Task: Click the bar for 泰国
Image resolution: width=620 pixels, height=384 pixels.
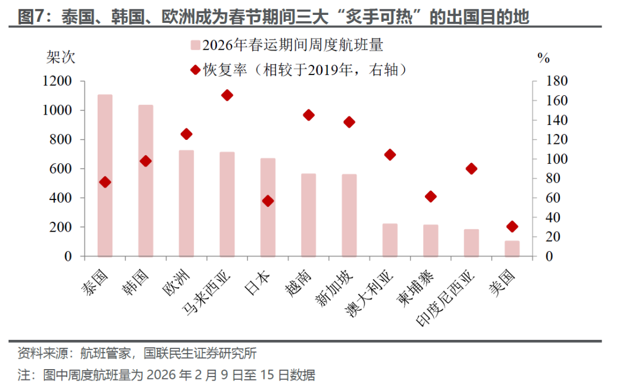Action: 105,175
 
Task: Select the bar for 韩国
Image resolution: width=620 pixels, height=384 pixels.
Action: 146,181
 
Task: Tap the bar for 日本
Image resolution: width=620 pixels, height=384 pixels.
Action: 268,207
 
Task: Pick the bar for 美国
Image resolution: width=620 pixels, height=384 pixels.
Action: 512,248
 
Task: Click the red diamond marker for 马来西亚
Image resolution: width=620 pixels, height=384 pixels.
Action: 227,95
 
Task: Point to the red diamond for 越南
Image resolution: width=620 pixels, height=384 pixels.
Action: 309,115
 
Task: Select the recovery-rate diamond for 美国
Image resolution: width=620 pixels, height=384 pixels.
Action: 512,226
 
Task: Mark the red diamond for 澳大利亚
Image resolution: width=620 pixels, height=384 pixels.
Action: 390,155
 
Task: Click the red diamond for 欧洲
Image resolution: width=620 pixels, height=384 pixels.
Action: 187,134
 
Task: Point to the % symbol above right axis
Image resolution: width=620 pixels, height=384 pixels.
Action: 544,57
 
